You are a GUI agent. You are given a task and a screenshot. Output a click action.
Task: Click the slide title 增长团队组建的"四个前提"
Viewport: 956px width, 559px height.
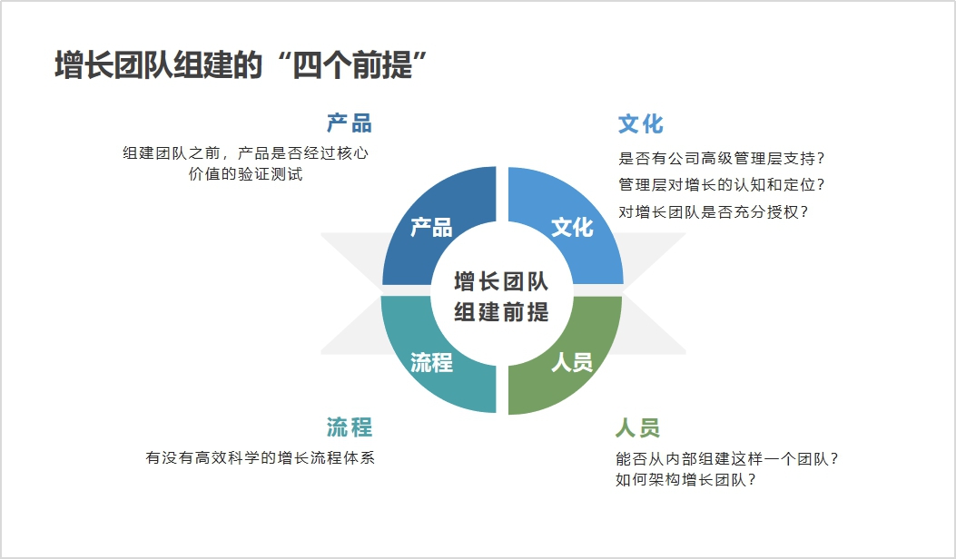click(241, 64)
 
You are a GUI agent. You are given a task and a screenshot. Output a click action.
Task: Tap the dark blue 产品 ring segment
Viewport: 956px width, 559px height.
click(427, 220)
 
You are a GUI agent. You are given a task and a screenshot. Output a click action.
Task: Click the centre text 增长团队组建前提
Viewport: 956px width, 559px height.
click(501, 297)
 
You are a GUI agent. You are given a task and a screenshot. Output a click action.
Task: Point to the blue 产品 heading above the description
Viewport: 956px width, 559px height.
click(350, 123)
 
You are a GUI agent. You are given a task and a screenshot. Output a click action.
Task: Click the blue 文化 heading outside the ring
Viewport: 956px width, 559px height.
click(641, 123)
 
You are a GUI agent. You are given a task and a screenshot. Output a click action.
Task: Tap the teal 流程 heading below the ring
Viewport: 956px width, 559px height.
click(350, 427)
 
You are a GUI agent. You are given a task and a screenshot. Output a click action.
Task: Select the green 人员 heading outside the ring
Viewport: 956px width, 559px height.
click(637, 427)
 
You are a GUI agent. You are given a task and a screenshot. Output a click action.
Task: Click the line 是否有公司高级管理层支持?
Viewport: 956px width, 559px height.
click(721, 159)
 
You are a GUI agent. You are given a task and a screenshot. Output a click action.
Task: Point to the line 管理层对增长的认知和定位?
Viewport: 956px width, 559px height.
click(721, 185)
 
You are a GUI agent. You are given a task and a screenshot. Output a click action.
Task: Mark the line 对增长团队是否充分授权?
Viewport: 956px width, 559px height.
click(714, 212)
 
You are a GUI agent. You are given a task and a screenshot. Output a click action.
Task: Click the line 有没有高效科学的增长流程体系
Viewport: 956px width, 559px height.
click(261, 457)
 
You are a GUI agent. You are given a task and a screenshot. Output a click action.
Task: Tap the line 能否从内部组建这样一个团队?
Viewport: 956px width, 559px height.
click(727, 458)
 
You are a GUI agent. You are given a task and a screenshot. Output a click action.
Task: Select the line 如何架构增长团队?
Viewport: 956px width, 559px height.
click(686, 480)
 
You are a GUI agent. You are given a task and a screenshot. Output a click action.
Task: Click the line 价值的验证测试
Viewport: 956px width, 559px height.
click(246, 174)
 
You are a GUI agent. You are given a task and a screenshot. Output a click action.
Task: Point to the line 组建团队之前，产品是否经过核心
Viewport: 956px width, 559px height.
click(246, 153)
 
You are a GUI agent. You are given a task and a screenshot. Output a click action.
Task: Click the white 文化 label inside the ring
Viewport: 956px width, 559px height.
click(572, 228)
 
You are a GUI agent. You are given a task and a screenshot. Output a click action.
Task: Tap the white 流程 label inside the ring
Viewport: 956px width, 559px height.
click(431, 363)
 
